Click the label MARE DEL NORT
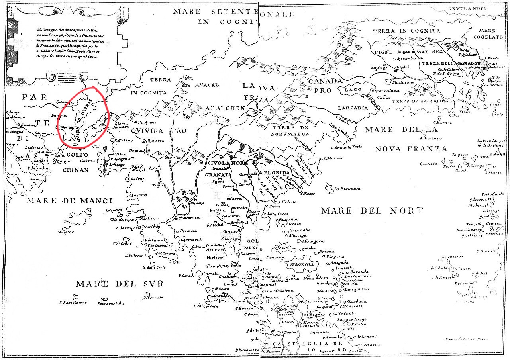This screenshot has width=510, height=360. (371, 211)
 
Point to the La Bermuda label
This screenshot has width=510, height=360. (347, 188)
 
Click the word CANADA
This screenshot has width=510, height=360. (325, 82)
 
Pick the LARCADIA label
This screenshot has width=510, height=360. (352, 108)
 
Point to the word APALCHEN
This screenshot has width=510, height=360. (225, 108)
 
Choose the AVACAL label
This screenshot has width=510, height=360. (207, 85)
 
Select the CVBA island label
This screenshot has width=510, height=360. (283, 249)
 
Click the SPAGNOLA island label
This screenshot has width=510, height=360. (301, 265)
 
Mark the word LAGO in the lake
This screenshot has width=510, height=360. (353, 90)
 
